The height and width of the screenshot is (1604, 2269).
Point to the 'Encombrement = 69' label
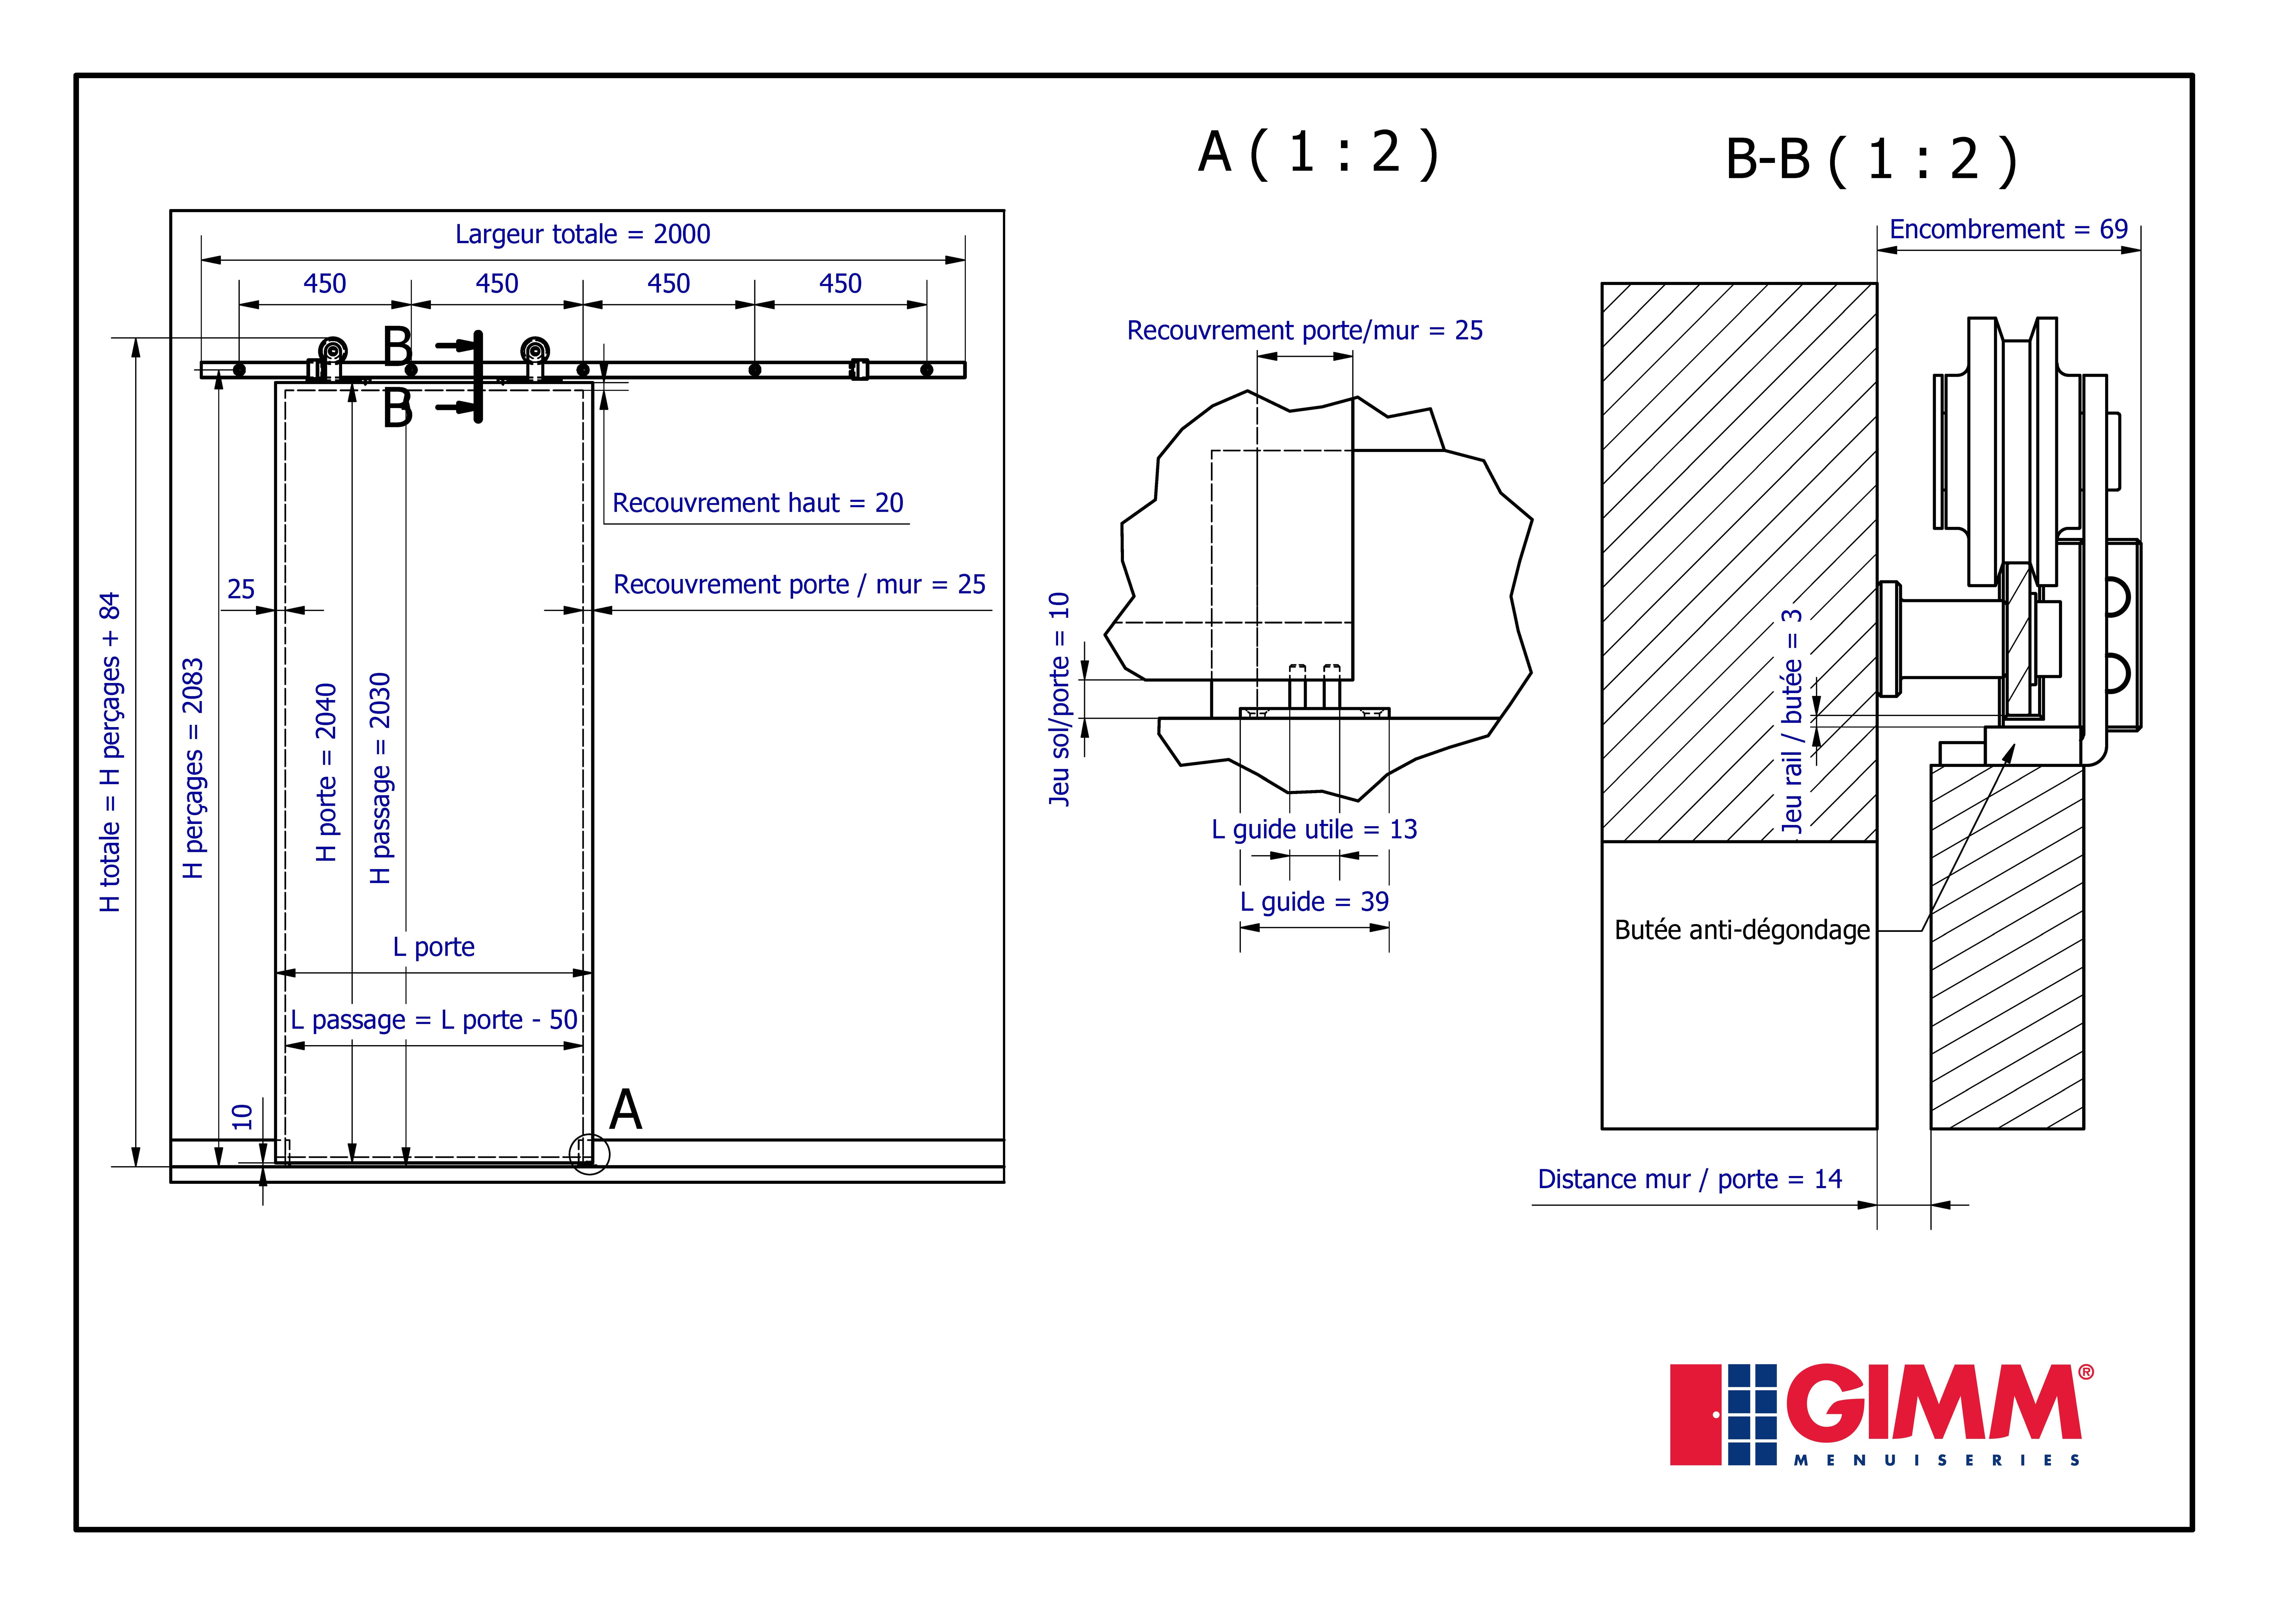point(2008,229)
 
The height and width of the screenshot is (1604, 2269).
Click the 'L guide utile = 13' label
point(1314,829)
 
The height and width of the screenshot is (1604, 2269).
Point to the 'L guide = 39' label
point(1314,901)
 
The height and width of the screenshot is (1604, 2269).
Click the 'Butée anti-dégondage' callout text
point(1742,930)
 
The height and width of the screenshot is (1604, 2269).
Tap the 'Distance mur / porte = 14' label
point(1690,1179)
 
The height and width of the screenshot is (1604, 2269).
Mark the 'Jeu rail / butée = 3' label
point(1792,722)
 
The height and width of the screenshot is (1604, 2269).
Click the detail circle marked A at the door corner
point(590,1135)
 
